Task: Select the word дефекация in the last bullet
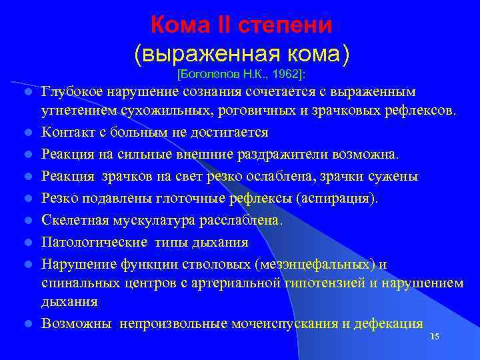(x=391, y=324)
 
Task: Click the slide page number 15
(x=434, y=337)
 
